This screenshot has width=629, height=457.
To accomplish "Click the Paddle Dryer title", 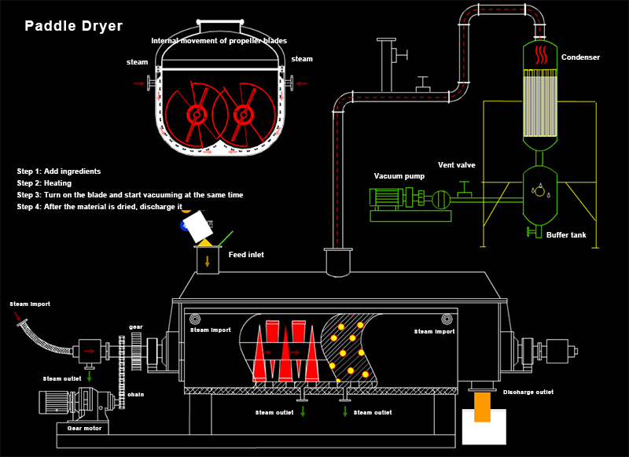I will (x=73, y=26).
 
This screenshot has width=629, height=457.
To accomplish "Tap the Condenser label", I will (x=581, y=57).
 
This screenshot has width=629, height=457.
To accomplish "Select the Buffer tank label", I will (x=566, y=234).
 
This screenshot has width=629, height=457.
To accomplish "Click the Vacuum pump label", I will (x=399, y=176).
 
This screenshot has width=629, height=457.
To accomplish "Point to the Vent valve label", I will (x=458, y=165).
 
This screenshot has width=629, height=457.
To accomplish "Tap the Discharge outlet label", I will (x=528, y=392).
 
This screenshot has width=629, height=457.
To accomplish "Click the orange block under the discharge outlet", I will (x=482, y=407).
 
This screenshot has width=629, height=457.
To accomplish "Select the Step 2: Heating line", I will (x=44, y=182).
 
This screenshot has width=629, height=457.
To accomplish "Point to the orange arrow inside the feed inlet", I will (x=208, y=261).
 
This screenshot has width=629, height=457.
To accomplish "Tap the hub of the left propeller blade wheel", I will (x=194, y=115).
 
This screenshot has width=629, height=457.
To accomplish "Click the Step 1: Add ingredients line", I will (x=59, y=171).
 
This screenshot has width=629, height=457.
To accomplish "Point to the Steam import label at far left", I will (x=29, y=304).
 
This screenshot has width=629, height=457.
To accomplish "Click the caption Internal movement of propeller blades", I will (x=219, y=41).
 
